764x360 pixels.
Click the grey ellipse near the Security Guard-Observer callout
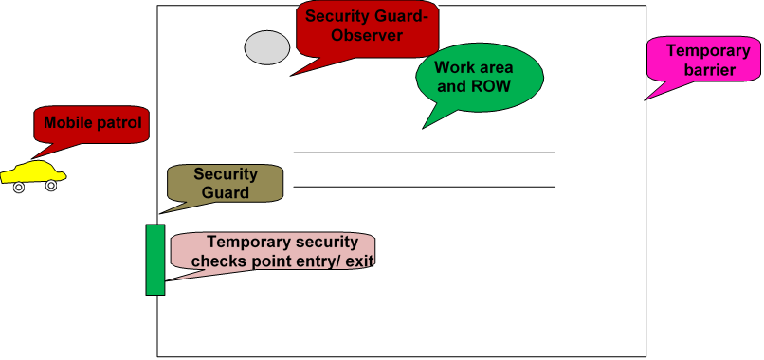click(267, 47)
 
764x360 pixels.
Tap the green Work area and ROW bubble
click(480, 77)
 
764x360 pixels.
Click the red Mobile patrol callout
click(92, 123)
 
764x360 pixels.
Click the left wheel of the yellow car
click(18, 188)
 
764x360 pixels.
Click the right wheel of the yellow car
click(51, 186)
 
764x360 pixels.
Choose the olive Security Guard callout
click(226, 183)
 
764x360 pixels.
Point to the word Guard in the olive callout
click(226, 192)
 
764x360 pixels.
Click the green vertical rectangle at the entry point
click(155, 260)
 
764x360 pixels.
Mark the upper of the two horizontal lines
click(424, 153)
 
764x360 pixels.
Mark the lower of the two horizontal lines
click(424, 187)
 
